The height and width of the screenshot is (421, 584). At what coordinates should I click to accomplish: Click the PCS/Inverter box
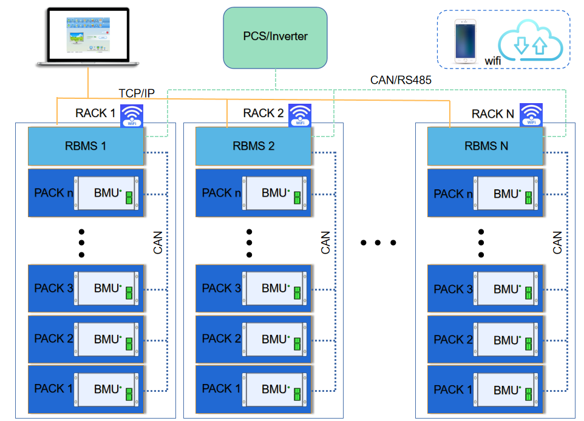[275, 37]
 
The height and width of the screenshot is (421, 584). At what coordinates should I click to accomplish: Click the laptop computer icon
[89, 38]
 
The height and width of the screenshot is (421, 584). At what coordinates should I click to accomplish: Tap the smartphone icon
[466, 41]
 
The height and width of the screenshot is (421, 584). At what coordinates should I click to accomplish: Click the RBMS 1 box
[86, 146]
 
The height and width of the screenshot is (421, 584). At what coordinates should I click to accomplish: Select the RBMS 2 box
[253, 146]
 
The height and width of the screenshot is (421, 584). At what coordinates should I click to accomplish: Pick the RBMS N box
[486, 146]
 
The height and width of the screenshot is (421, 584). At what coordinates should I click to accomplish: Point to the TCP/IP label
[137, 93]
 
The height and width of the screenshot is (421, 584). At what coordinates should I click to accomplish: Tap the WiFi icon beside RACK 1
[132, 115]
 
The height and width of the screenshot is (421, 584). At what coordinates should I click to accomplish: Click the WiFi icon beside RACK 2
[299, 115]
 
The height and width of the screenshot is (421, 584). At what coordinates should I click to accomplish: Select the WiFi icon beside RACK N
[532, 115]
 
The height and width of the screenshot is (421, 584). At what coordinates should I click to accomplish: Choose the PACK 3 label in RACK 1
[53, 288]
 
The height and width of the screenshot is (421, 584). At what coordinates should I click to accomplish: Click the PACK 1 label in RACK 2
[221, 388]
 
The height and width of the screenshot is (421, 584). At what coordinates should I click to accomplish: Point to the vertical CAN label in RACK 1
[158, 242]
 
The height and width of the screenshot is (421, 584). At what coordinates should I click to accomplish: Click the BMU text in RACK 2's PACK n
[274, 193]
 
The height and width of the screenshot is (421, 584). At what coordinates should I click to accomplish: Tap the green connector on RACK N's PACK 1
[529, 394]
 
